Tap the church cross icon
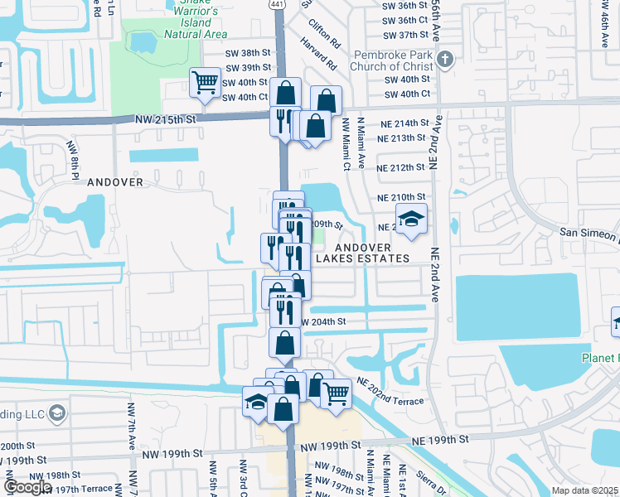pyautogui.click(x=446, y=59)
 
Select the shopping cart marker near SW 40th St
pyautogui.click(x=204, y=82)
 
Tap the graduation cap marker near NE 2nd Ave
pyautogui.click(x=411, y=220)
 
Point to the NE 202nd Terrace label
pyautogui.click(x=390, y=391)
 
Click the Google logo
pyautogui.click(x=27, y=487)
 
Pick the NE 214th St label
pyautogui.click(x=402, y=123)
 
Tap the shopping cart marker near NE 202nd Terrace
pyautogui.click(x=335, y=393)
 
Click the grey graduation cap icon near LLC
pyautogui.click(x=57, y=413)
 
